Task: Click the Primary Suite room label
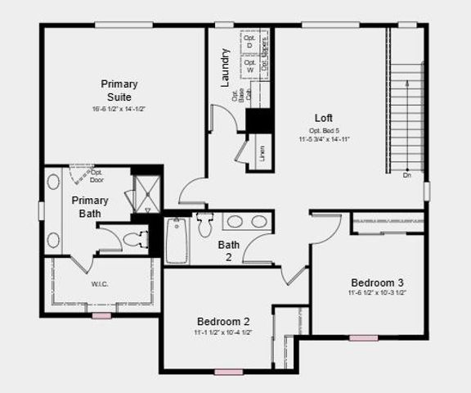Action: click(x=119, y=90)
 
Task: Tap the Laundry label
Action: click(x=226, y=67)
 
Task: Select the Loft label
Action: click(x=323, y=118)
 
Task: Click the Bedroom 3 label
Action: click(x=377, y=282)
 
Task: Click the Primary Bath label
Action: click(x=90, y=207)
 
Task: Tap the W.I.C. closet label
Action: click(x=101, y=284)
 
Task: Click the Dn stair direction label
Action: click(x=407, y=174)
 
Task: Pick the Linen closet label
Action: click(x=262, y=153)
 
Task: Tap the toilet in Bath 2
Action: click(x=204, y=225)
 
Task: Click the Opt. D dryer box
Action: click(x=250, y=42)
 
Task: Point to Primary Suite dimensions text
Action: click(x=119, y=109)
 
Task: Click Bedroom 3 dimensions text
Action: click(x=377, y=292)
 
